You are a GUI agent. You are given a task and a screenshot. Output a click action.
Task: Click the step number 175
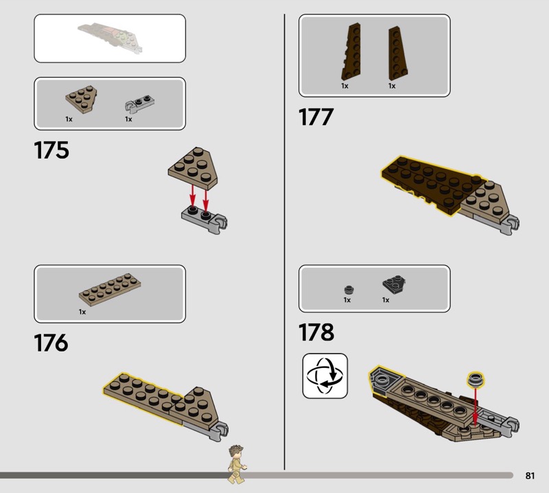[x=51, y=150]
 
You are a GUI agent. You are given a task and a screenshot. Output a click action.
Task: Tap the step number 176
[x=51, y=343]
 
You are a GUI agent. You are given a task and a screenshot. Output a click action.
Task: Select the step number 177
[x=316, y=117]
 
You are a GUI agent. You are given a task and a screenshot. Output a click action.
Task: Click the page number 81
[x=530, y=475]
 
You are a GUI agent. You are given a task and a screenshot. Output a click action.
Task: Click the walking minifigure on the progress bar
[x=237, y=464]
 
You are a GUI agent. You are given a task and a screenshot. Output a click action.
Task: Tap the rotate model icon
[x=325, y=376]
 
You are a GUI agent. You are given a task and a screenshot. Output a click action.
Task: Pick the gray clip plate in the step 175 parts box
[x=140, y=104]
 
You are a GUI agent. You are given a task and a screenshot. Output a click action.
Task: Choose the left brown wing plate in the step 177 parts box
[x=351, y=52]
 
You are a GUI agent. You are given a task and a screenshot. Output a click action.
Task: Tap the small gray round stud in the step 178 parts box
[x=349, y=290]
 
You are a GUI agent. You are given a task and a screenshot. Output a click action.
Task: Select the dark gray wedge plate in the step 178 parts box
[x=394, y=284]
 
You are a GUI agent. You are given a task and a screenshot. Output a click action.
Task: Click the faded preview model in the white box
[x=110, y=37]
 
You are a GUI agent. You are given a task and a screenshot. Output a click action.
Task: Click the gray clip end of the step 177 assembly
[x=510, y=225]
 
